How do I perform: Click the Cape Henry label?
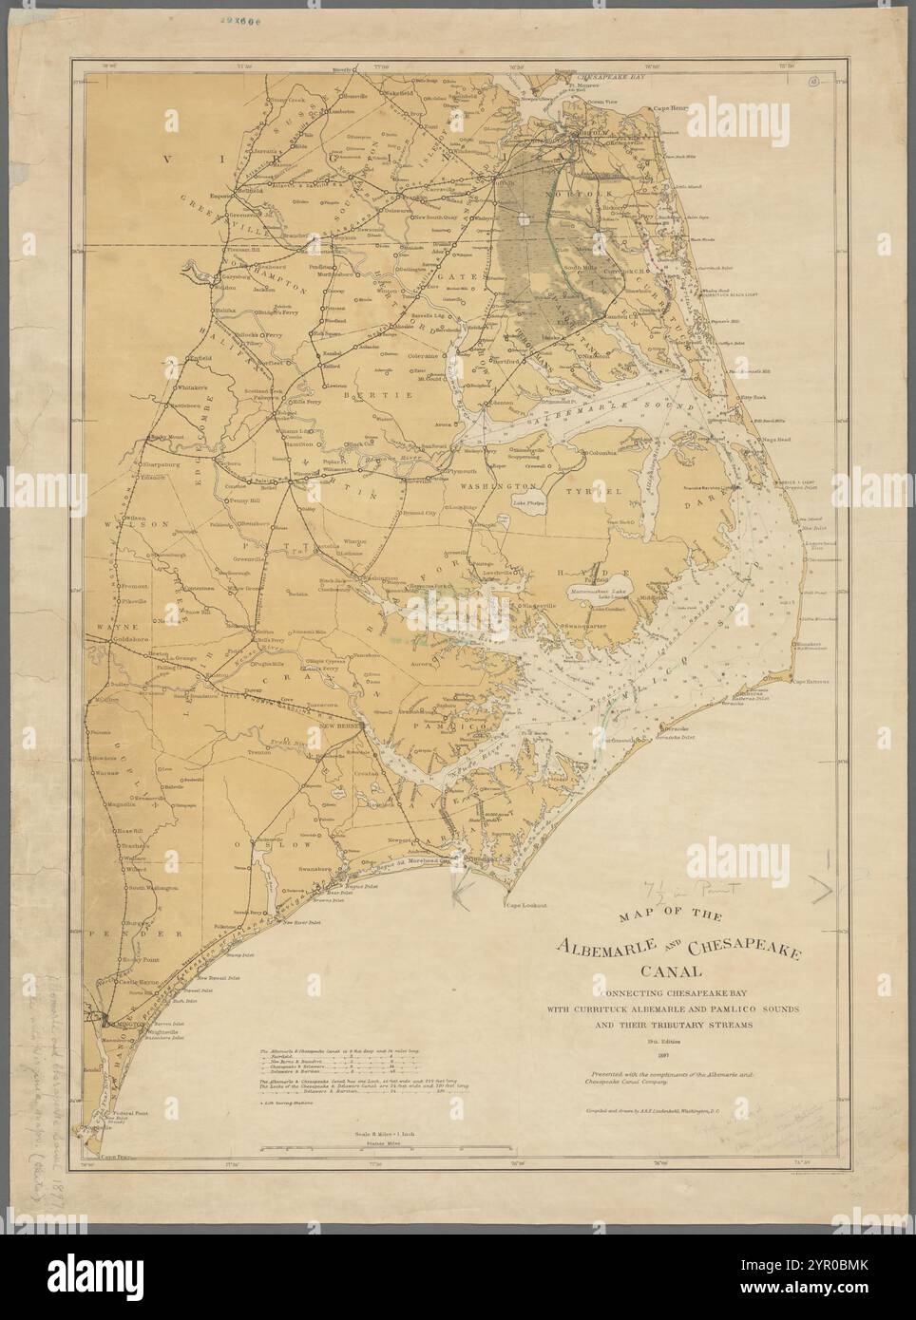(668, 108)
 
